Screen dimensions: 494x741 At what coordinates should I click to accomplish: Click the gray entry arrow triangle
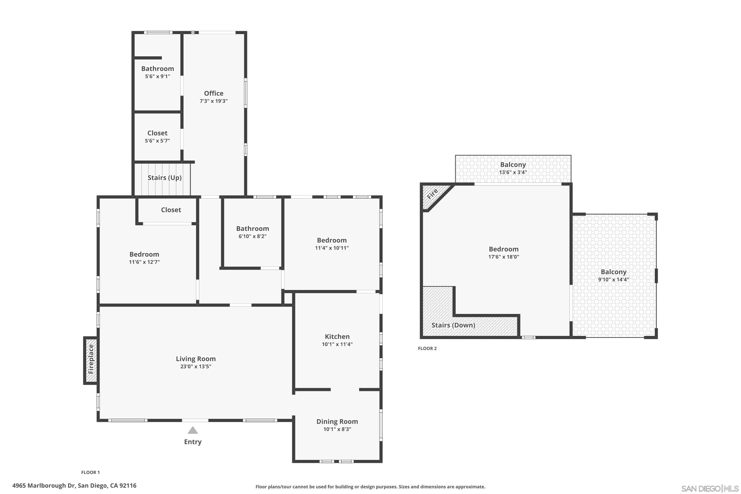(193, 430)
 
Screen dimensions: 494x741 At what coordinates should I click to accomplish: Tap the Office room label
(214, 93)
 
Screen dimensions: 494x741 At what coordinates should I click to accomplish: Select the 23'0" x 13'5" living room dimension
(196, 366)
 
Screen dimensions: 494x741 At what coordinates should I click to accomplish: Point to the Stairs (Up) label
(165, 178)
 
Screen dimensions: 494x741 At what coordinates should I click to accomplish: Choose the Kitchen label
(337, 336)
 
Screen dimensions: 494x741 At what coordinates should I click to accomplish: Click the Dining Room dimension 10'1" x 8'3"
(337, 429)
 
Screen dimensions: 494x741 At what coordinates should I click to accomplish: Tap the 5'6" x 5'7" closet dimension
(157, 141)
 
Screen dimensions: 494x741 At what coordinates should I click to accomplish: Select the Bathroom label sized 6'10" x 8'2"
(252, 229)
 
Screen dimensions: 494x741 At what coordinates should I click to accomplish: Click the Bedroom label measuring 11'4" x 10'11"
(332, 240)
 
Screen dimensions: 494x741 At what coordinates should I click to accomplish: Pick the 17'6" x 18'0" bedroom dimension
(503, 257)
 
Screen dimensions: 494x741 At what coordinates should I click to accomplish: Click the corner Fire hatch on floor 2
(432, 194)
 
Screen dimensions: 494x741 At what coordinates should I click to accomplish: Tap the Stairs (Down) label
(453, 325)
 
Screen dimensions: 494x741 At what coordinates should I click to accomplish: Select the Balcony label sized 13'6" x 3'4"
(513, 165)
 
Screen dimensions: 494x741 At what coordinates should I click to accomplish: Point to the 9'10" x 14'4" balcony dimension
(613, 279)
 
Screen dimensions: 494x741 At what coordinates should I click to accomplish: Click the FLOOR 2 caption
(427, 349)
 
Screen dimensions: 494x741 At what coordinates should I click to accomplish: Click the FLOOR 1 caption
(90, 472)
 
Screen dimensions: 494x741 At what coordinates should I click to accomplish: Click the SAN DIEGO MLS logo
(710, 489)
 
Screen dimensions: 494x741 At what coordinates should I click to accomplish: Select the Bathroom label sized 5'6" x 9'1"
(158, 69)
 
